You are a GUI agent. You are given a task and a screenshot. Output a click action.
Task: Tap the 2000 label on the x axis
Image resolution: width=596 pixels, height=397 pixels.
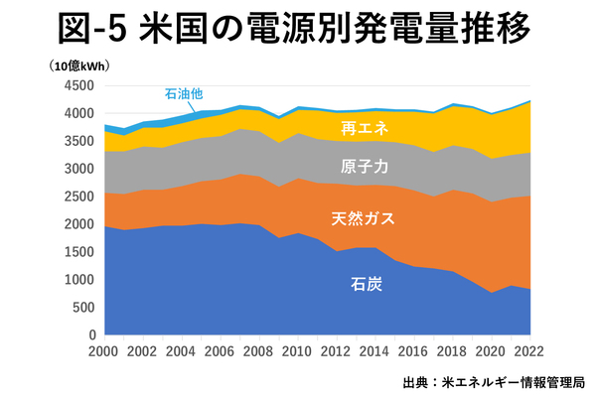(x=103, y=352)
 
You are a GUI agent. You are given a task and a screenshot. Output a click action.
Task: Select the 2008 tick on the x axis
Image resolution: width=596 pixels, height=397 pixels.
(x=259, y=352)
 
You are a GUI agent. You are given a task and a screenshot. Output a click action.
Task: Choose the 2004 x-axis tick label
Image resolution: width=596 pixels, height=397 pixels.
(x=182, y=352)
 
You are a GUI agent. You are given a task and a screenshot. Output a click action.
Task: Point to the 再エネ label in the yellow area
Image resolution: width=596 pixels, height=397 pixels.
(x=363, y=128)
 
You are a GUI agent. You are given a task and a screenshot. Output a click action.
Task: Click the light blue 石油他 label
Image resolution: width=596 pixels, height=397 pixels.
(x=183, y=95)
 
